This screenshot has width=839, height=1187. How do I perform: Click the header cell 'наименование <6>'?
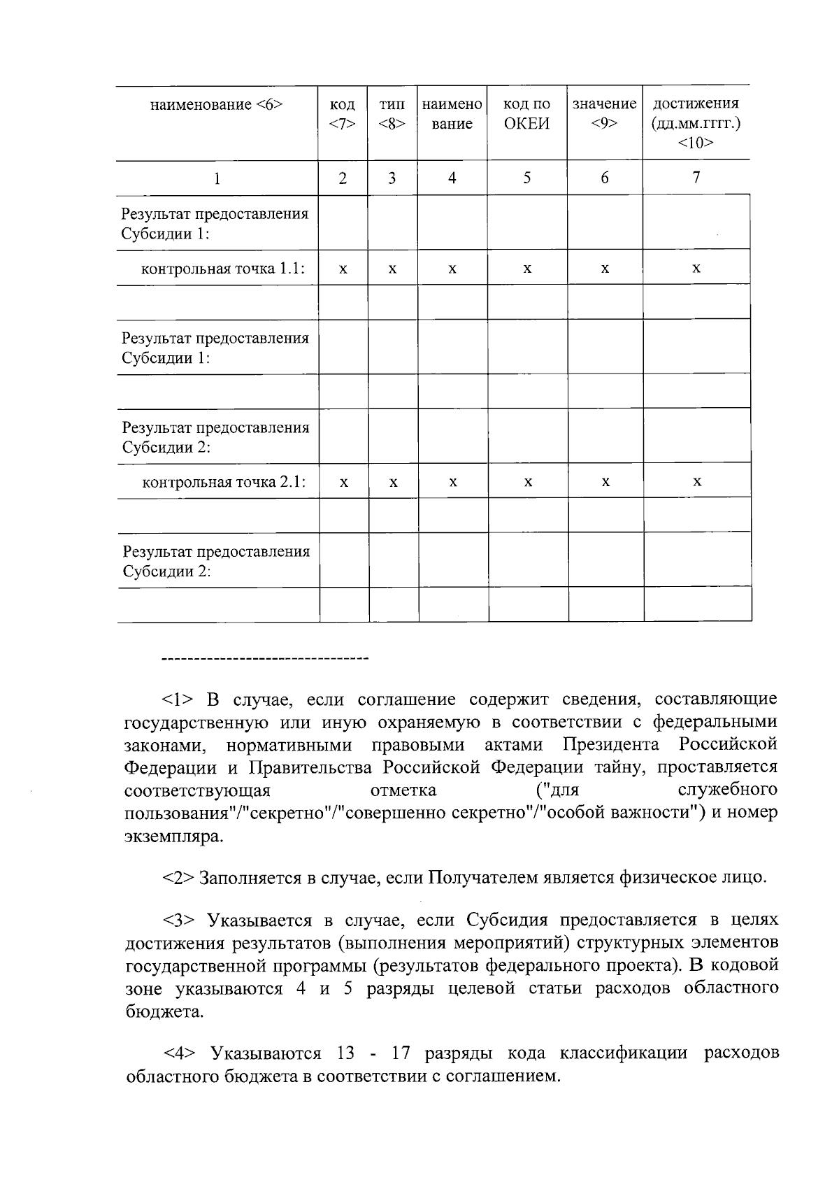(x=216, y=105)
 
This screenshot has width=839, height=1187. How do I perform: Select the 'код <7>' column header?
(x=342, y=114)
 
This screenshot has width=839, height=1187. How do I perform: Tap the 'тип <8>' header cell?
(x=392, y=114)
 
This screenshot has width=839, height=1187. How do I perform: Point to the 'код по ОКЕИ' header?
(x=526, y=114)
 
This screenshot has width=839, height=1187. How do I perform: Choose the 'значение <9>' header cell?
(x=604, y=114)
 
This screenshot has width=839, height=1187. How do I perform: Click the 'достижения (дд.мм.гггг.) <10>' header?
(x=696, y=123)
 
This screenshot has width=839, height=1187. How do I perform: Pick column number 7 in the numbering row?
(x=696, y=178)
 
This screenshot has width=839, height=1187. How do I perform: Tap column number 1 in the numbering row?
(x=217, y=178)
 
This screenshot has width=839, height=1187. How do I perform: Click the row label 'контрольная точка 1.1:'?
(x=223, y=269)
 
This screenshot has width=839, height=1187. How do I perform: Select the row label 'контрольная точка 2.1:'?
(x=224, y=481)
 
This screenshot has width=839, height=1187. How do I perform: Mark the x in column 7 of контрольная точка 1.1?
(x=696, y=269)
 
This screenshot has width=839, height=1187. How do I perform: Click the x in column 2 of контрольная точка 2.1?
(x=343, y=482)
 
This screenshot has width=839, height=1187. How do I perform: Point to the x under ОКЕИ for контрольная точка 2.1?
(x=528, y=482)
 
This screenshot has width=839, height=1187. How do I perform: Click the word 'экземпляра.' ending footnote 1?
(x=174, y=837)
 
